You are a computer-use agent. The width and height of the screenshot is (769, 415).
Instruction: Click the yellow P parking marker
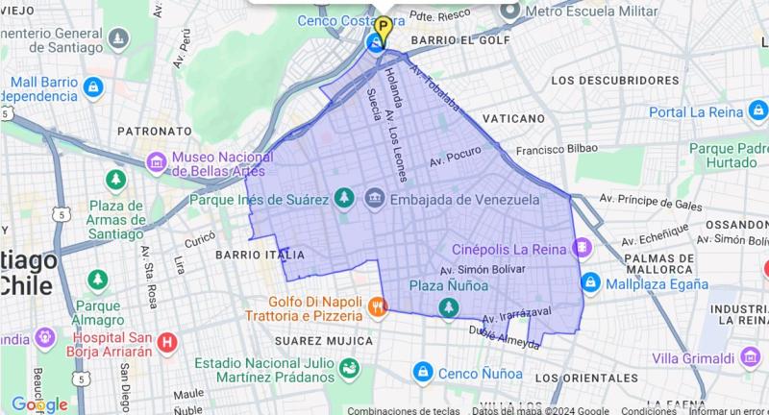[383, 27]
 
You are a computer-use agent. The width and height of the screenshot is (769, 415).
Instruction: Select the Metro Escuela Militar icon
[510, 11]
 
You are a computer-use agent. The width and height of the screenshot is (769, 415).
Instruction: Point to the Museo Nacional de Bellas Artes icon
[156, 162]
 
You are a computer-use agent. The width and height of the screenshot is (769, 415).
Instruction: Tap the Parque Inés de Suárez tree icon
[343, 199]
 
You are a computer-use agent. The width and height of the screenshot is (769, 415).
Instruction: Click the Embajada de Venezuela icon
[374, 199]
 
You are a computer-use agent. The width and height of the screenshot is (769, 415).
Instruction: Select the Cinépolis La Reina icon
[582, 248]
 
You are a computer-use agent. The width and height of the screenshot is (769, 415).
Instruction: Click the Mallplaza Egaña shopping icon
[590, 283]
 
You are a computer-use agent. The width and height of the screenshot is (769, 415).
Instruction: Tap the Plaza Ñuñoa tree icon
[448, 306]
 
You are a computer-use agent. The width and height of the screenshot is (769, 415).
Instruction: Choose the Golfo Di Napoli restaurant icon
[378, 307]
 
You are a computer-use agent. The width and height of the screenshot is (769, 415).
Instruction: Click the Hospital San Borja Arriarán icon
[167, 342]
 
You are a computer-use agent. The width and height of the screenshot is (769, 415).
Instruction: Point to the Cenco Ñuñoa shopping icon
[422, 372]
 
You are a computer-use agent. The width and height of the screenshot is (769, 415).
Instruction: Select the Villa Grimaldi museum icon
[751, 357]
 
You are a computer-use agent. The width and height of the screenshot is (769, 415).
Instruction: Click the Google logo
[39, 404]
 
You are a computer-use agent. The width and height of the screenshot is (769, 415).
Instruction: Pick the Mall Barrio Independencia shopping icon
[93, 87]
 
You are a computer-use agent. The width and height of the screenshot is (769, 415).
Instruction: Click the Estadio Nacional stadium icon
[349, 368]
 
